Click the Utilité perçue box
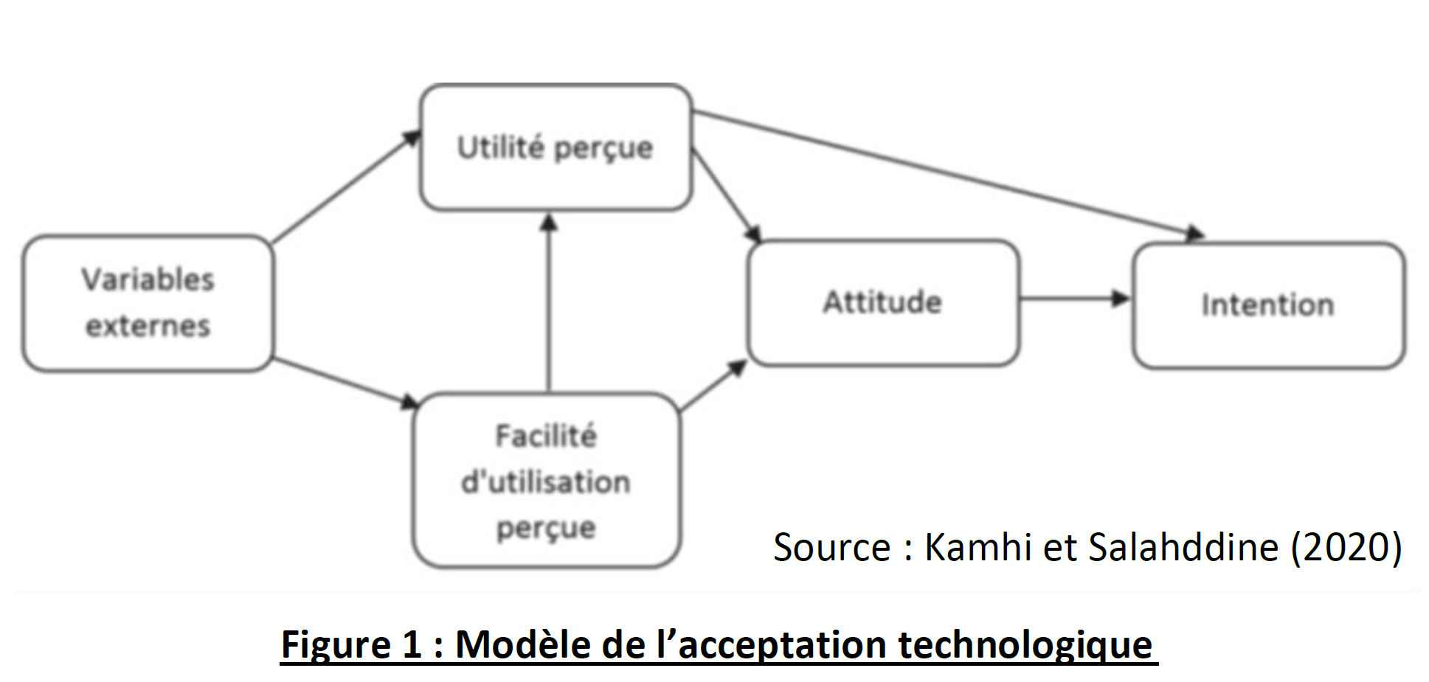pyautogui.click(x=556, y=147)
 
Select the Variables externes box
pyautogui.click(x=148, y=303)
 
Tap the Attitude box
pyautogui.click(x=883, y=302)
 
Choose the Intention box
pyautogui.click(x=1268, y=305)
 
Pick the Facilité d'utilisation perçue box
pyautogui.click(x=546, y=481)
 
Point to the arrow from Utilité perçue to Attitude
pyautogui.click(x=726, y=195)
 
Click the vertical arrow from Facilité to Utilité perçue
pyautogui.click(x=548, y=302)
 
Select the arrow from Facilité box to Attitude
pyautogui.click(x=713, y=385)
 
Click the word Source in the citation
pyautogui.click(x=831, y=548)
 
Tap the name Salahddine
pyautogui.click(x=1183, y=548)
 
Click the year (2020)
pyautogui.click(x=1346, y=548)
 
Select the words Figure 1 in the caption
pyautogui.click(x=350, y=645)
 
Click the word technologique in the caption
pyautogui.click(x=1025, y=645)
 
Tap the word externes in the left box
pyautogui.click(x=148, y=326)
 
